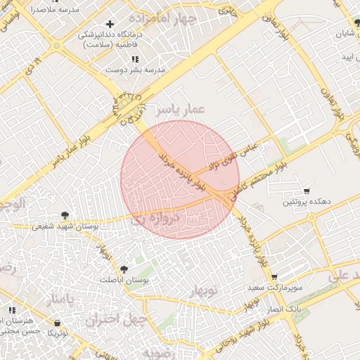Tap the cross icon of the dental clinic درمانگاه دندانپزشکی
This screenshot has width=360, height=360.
(110, 25)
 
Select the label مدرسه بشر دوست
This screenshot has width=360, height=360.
(135, 70)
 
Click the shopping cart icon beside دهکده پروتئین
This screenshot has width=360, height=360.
(307, 191)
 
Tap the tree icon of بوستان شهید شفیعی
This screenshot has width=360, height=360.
(65, 215)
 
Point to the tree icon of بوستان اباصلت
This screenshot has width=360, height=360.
(124, 269)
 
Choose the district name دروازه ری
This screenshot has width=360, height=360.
(156, 219)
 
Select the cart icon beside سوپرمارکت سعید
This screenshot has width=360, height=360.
(274, 277)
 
